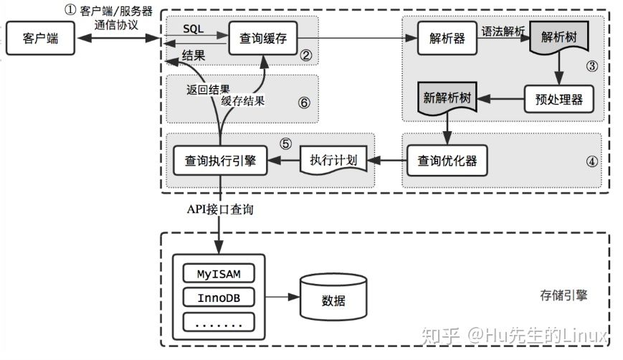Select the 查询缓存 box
coord(262,38)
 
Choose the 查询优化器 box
coord(447,160)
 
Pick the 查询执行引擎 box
coord(219,160)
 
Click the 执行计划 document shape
coord(333,160)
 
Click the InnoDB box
coord(219,297)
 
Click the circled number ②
coord(305,55)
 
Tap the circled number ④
coord(591,161)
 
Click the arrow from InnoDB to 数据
coord(282,297)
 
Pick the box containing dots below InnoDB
coord(219,321)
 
